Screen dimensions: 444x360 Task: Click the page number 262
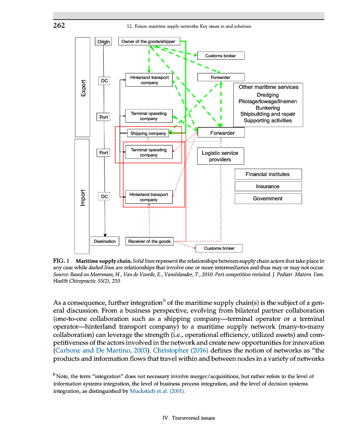[x=59, y=25]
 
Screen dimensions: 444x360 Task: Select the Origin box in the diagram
[x=104, y=42]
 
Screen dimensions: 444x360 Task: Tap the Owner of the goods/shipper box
[x=148, y=42]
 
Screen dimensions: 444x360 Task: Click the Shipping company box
[x=148, y=134]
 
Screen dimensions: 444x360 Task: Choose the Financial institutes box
[x=268, y=174]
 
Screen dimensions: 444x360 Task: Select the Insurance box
[x=268, y=186]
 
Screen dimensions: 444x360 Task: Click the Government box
[x=268, y=199]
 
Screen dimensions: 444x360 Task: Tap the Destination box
[x=105, y=241]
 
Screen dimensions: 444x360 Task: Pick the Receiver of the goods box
[x=149, y=241]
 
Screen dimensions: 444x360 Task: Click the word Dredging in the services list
[x=268, y=95]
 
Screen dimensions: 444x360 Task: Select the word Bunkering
[x=268, y=108]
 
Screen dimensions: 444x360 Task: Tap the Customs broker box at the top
[x=220, y=55]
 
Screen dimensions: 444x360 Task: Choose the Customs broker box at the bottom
[x=219, y=248]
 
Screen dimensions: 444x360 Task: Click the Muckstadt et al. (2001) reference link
[x=158, y=391]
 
